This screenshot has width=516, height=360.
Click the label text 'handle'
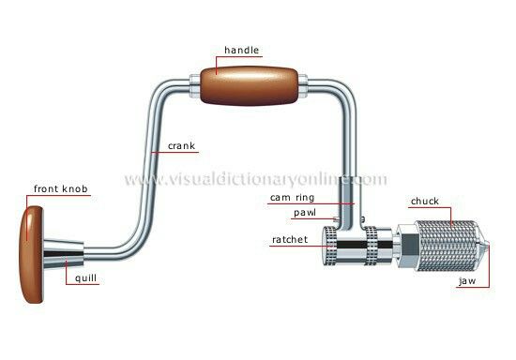(241, 50)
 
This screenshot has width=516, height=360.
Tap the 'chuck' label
(425, 200)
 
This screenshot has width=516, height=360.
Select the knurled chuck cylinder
(446, 247)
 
